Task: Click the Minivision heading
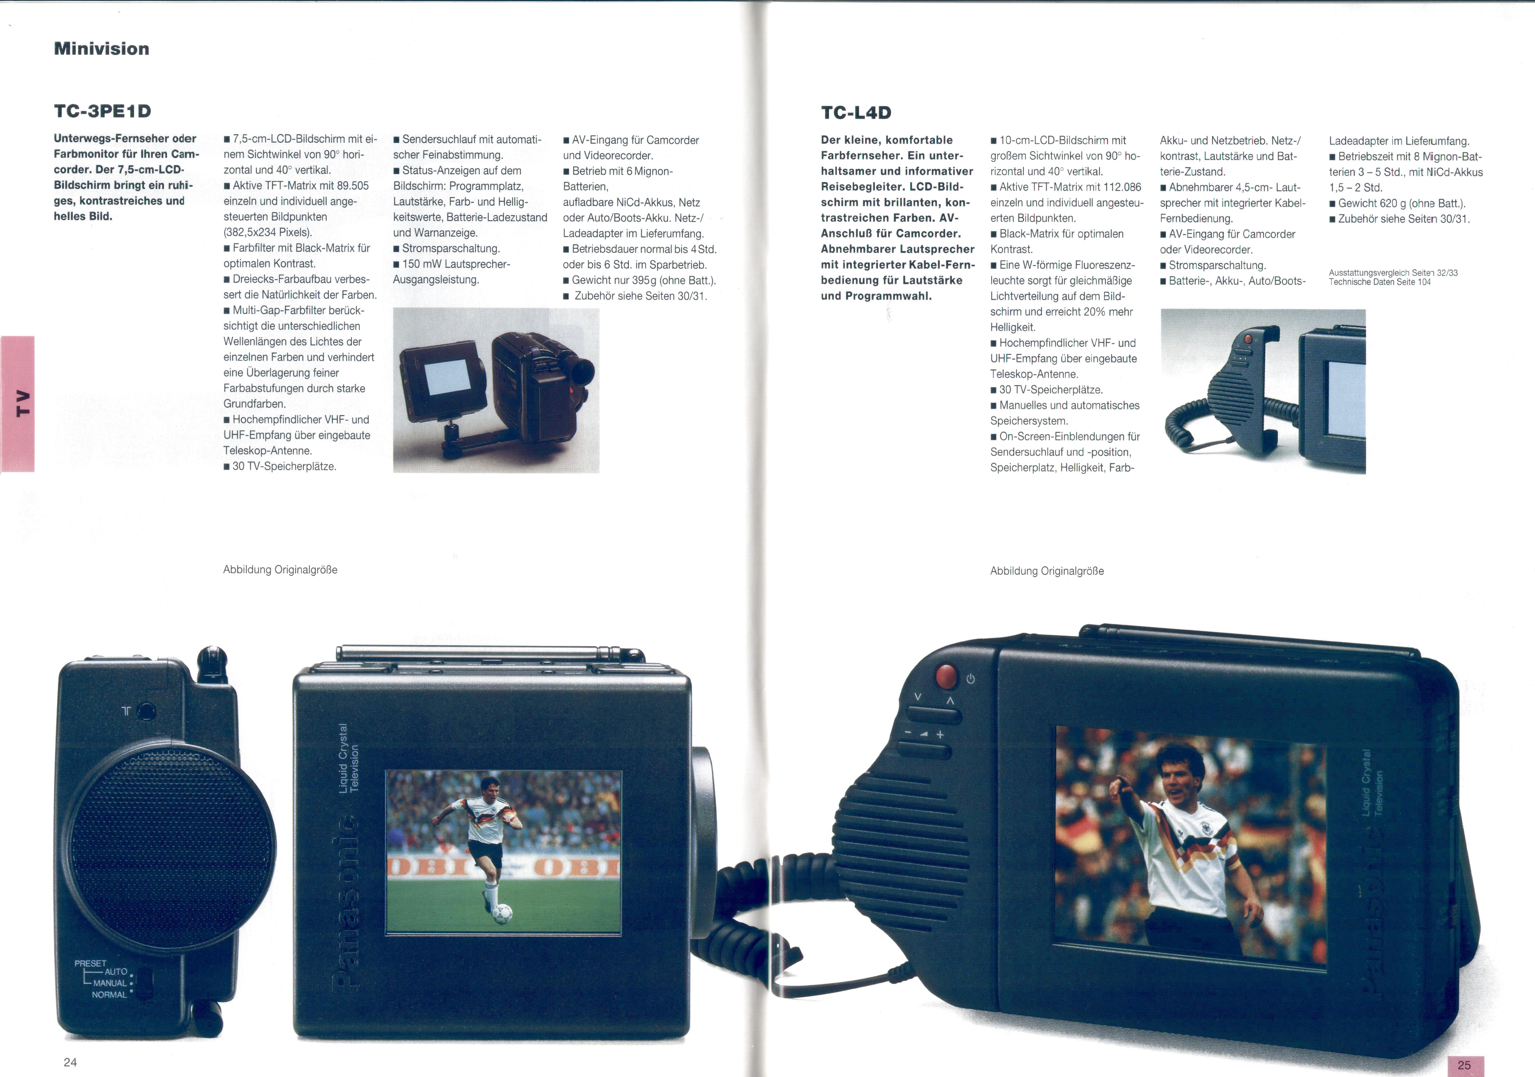[x=102, y=49]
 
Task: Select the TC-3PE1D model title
[x=102, y=111]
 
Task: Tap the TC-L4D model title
[x=856, y=112]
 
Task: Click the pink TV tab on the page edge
[x=18, y=404]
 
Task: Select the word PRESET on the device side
[x=90, y=963]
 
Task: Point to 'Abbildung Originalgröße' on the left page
[x=280, y=570]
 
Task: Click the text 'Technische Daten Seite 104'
[x=1380, y=282]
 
